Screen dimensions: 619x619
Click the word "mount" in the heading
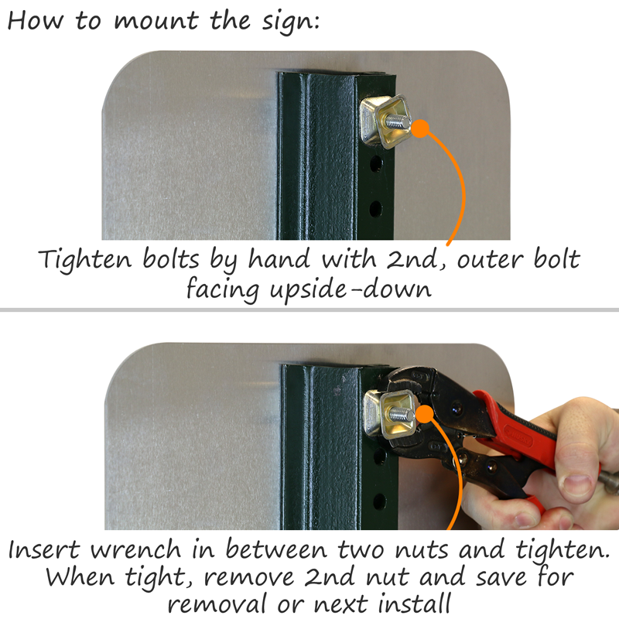(x=156, y=21)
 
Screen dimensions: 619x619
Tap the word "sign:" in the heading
(x=291, y=22)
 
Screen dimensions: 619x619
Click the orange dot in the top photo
(x=421, y=128)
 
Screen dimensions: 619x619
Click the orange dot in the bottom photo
(x=425, y=414)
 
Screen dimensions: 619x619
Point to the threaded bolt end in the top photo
(x=398, y=121)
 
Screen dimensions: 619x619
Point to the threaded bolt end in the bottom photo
(x=402, y=414)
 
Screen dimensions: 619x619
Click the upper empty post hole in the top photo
(x=376, y=163)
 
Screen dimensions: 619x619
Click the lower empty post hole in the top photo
(x=375, y=208)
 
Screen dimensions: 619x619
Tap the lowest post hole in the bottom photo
(x=380, y=501)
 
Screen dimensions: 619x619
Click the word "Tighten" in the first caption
(x=85, y=259)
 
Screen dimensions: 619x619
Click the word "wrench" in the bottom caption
(x=136, y=549)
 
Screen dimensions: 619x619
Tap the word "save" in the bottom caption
(x=501, y=577)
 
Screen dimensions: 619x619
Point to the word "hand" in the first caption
(x=279, y=259)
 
